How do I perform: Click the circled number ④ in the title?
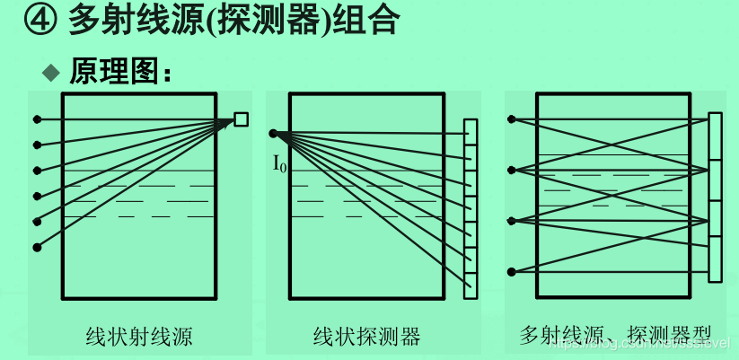pos(39,20)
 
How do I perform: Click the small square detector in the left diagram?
pos(241,119)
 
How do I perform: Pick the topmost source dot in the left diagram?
pos(37,119)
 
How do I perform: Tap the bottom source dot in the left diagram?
pos(37,246)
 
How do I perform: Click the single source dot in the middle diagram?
pos(272,134)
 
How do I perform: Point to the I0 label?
pos(280,163)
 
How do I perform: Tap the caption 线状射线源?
pos(138,338)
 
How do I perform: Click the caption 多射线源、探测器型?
pos(611,338)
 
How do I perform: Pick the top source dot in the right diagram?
pos(512,119)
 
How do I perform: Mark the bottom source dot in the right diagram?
pos(512,271)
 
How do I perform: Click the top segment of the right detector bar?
pos(715,136)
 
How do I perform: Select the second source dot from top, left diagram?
pos(37,145)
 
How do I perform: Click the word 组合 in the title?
pos(369,20)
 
